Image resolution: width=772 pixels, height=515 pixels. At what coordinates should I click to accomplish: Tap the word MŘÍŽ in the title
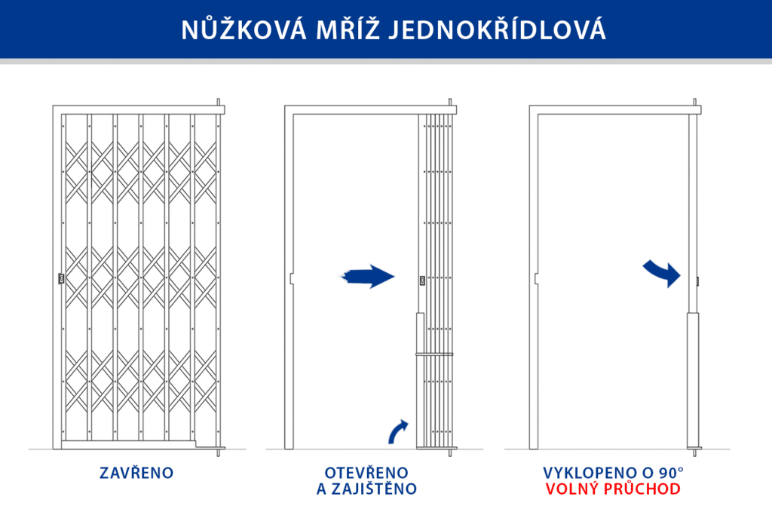346,29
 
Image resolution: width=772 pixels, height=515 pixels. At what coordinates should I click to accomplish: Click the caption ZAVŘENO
136,474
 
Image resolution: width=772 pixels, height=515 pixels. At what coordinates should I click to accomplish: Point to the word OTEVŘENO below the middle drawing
366,473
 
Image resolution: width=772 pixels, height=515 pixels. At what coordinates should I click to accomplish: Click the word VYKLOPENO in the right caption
590,473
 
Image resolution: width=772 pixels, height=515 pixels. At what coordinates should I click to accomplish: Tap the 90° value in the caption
669,473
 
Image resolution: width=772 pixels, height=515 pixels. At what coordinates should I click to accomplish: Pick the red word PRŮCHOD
643,489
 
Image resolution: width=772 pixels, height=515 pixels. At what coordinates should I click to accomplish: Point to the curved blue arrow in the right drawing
662,272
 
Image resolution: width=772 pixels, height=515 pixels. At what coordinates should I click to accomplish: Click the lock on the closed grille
60,279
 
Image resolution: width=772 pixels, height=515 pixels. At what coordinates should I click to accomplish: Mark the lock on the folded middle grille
422,280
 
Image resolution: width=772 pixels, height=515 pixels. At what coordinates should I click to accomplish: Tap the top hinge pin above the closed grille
219,103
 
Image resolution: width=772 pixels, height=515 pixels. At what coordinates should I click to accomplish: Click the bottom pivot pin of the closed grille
219,452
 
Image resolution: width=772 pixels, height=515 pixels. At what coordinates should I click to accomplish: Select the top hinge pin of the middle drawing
451,103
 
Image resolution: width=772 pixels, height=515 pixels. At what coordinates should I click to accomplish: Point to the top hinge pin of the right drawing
694,103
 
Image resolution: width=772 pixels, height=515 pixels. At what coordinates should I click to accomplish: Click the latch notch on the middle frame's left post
290,278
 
